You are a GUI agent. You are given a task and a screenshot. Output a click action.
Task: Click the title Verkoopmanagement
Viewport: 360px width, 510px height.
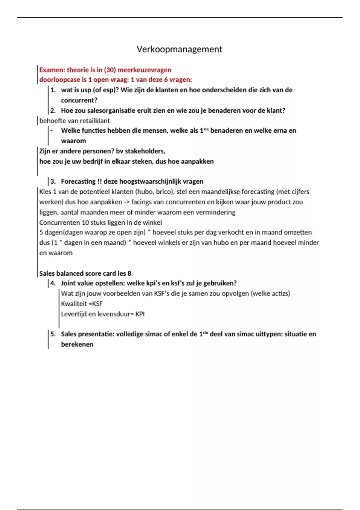point(179,49)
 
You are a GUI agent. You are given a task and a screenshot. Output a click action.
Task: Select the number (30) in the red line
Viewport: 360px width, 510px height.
point(110,70)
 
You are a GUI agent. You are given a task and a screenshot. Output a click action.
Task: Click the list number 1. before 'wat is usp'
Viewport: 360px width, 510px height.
point(53,90)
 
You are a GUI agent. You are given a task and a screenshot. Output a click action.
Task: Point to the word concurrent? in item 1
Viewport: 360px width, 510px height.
point(79,100)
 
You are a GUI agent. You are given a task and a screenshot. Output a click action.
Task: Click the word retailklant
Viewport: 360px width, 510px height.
point(95,121)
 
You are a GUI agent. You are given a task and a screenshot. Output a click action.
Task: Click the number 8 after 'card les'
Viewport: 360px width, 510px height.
point(129,273)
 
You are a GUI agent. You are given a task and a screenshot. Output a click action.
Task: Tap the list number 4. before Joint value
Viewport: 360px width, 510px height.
point(53,283)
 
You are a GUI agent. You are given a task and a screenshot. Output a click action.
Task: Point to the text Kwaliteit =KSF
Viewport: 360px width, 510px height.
point(82,304)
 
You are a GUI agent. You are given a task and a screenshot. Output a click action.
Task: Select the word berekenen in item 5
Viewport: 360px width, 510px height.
point(77,344)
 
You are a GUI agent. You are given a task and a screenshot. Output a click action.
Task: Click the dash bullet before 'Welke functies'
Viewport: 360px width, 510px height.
point(52,130)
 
